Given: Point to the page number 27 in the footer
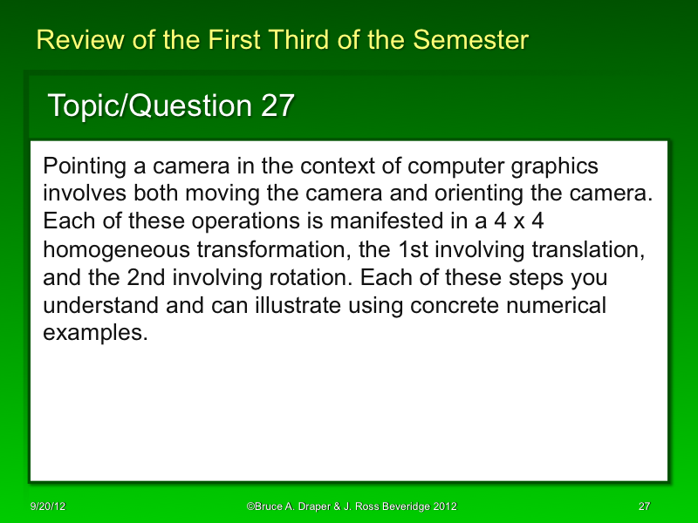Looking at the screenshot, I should click(645, 506).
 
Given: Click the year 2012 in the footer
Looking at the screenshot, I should click(440, 506).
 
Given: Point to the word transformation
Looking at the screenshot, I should click(274, 250).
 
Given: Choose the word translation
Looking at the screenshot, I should click(580, 250).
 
